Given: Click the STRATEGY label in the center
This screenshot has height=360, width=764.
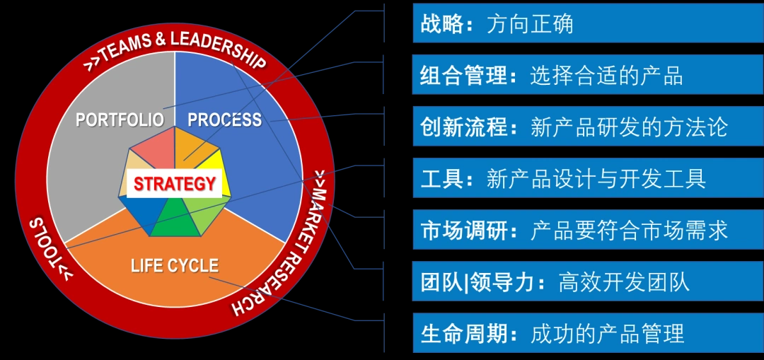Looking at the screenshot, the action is coord(175,184).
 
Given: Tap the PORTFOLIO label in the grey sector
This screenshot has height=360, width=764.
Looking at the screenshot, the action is coord(120,120).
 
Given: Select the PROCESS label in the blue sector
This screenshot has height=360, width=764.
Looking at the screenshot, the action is coord(225,120).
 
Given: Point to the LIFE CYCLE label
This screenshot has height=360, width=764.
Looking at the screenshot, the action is coord(175,265).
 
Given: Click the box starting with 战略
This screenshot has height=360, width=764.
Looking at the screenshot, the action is coord(588,23).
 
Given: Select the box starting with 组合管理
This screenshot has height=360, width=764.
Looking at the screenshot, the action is coord(588,74).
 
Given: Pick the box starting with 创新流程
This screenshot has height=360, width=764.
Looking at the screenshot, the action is coord(588,126).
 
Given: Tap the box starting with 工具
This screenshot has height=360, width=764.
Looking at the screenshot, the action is coord(588,178).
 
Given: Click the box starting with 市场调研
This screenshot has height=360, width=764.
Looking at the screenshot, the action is coord(588,229).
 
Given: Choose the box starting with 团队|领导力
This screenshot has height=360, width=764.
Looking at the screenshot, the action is coord(588,281).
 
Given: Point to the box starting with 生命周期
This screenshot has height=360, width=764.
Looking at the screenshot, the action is coord(588,332).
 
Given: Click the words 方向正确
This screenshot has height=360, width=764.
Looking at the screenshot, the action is coord(530,24).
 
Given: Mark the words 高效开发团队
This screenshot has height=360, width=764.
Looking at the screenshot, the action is coord(624,281).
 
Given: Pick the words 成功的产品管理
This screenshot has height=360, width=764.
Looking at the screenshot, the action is coord(608,333).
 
